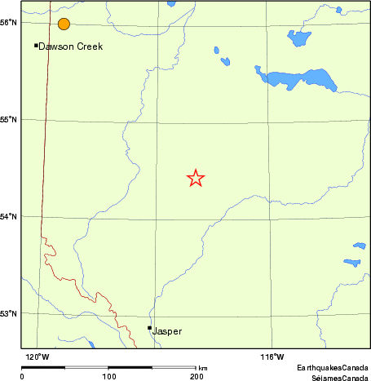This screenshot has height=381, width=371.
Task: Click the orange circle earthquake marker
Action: click(64, 24)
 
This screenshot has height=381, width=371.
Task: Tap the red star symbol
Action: click(196, 178)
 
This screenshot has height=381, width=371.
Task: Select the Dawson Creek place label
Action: click(71, 47)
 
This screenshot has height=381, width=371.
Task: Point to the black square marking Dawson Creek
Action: click(36, 45)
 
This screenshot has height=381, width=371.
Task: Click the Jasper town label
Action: click(167, 331)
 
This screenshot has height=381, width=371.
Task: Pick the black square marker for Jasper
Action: click(149, 328)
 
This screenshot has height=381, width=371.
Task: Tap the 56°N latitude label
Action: click(9, 22)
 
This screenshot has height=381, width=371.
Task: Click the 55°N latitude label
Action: click(9, 120)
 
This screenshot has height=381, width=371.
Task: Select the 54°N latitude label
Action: click(9, 216)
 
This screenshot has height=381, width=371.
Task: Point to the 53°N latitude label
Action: click(9, 313)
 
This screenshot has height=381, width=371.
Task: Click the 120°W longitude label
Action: click(37, 357)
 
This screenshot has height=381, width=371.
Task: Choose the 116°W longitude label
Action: click(272, 357)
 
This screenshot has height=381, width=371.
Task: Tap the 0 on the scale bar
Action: click(22, 376)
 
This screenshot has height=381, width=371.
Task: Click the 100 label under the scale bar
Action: click(108, 376)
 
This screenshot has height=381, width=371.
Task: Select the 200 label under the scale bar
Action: click(196, 376)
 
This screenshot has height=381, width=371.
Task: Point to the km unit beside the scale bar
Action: click(203, 369)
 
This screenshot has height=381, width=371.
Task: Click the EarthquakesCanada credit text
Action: click(332, 368)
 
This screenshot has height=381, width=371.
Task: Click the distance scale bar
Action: click(108, 368)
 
